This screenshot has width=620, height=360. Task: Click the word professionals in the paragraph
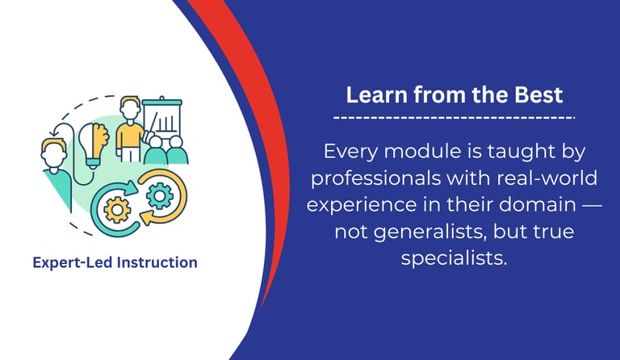[x=375, y=178]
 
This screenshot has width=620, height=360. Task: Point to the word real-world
[x=547, y=178]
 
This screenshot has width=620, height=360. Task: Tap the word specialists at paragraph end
[x=454, y=258]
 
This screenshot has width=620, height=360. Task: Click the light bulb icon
[x=94, y=144]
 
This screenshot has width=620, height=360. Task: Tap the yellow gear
[x=116, y=209]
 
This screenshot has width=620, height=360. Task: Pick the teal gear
[x=159, y=195]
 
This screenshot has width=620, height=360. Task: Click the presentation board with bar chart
[x=162, y=118]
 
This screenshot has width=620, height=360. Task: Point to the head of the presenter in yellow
[x=130, y=109]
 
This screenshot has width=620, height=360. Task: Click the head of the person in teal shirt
[x=54, y=152]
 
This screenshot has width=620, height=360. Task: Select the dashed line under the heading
[x=454, y=117]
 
